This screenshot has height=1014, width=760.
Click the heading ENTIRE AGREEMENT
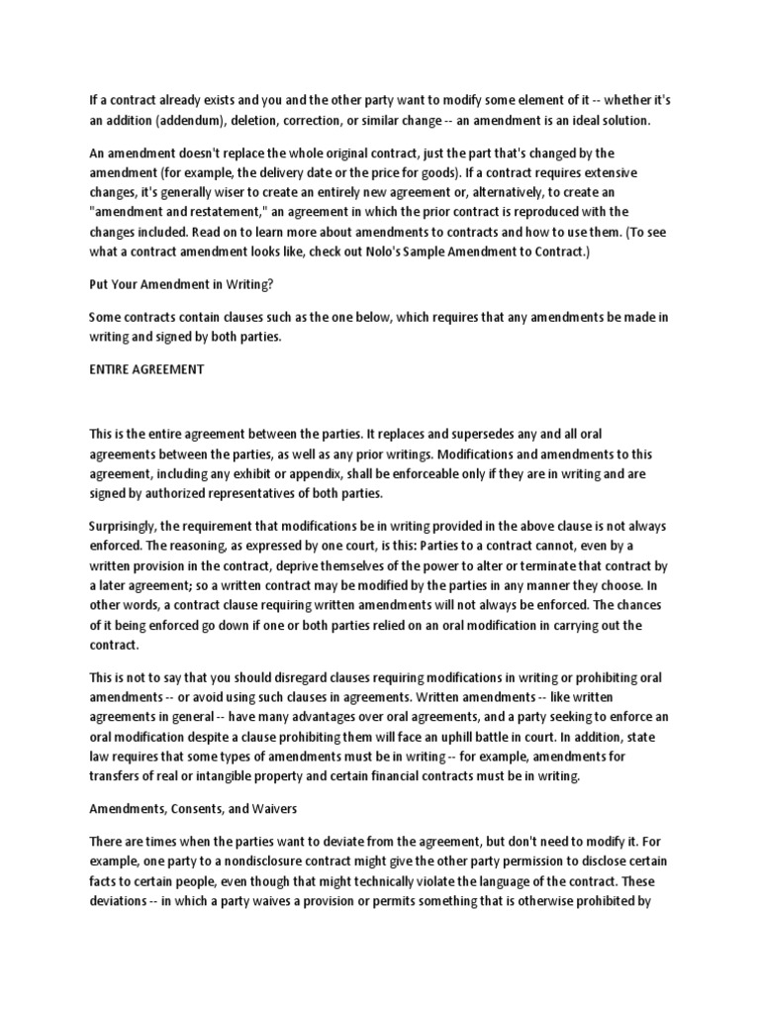click(x=146, y=368)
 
